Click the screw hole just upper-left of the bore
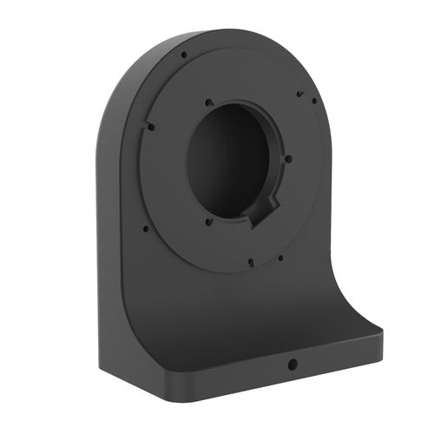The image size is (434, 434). pyautogui.click(x=207, y=103)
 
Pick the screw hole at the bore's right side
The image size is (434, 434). pyautogui.click(x=289, y=159)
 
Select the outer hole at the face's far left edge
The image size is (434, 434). pyautogui.click(x=146, y=229)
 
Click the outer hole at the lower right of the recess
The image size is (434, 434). pyautogui.click(x=280, y=257)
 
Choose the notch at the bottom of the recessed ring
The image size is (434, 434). pyautogui.click(x=249, y=260)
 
